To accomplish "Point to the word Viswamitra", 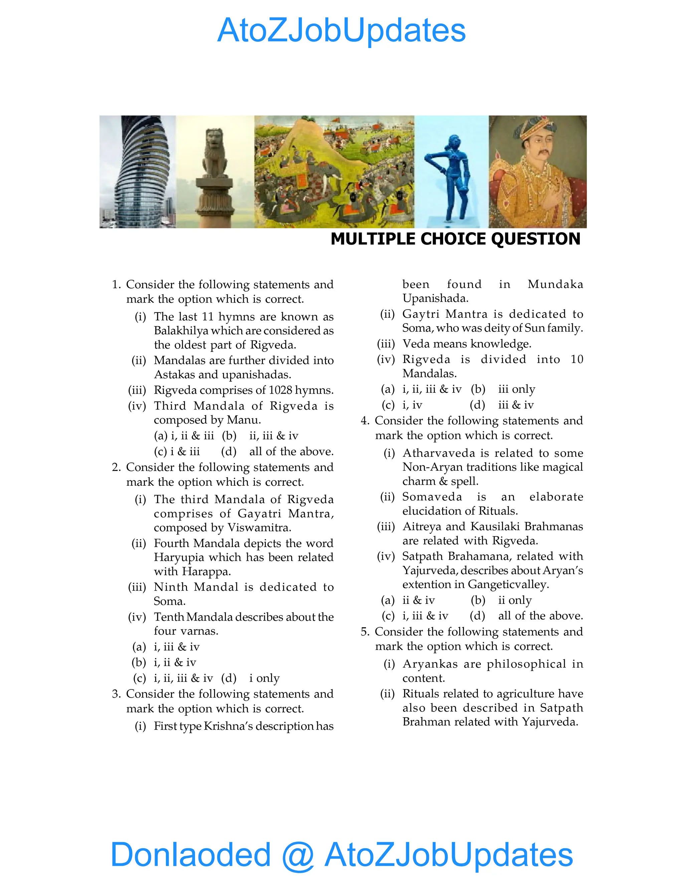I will [x=259, y=528].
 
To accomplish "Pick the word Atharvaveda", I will [x=439, y=453].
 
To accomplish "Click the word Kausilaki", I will [x=495, y=527].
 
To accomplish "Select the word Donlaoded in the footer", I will [x=190, y=855].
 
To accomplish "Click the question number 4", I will [x=365, y=421].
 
